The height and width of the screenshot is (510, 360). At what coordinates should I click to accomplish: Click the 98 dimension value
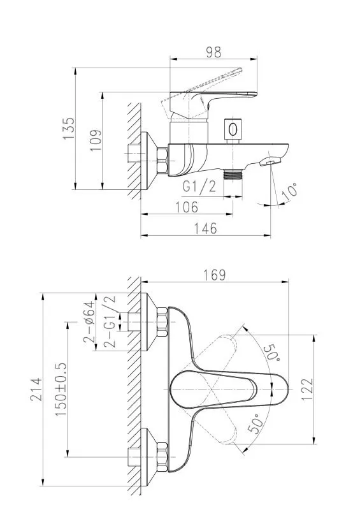(213, 52)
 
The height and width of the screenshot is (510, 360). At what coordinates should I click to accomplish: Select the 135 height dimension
(69, 129)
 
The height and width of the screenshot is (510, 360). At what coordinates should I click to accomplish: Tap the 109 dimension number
(96, 140)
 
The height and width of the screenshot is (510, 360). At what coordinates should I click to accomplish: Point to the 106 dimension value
(187, 207)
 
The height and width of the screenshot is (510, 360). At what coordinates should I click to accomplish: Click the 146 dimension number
(205, 229)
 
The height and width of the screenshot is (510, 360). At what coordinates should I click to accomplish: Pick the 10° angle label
(289, 192)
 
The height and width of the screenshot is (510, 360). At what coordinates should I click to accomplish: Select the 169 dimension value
(214, 275)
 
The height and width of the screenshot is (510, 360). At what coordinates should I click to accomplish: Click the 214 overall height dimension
(36, 390)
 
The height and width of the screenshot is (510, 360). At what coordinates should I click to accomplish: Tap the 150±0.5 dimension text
(61, 390)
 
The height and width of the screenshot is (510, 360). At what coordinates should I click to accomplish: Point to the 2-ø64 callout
(89, 323)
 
